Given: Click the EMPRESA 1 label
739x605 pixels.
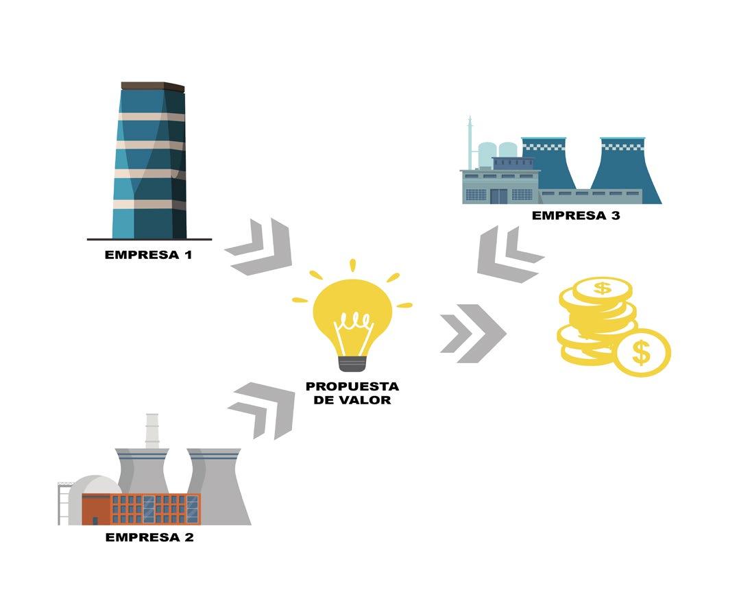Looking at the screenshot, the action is (149, 255).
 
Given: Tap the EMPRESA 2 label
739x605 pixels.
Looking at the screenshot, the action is (149, 537).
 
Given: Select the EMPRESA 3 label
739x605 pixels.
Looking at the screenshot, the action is (576, 216).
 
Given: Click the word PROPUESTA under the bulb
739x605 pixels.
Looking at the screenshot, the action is (352, 386).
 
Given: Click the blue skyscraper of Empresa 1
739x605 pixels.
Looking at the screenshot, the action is (150, 164).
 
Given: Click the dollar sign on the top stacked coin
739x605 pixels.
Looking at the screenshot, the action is (601, 288).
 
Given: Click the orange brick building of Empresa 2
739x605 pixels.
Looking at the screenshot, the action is (141, 509).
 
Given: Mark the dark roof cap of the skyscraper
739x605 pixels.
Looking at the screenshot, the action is (153, 86).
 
